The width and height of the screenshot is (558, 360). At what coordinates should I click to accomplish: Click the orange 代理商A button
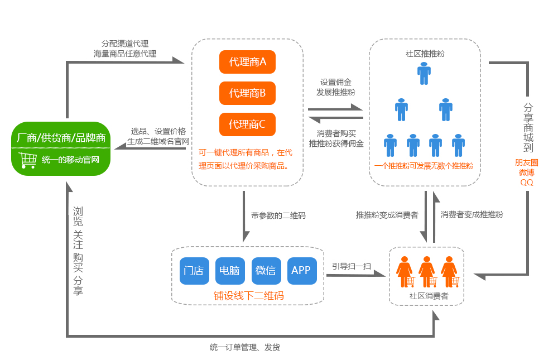pos(248,62)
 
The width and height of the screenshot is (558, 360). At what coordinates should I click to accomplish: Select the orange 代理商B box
pos(248,93)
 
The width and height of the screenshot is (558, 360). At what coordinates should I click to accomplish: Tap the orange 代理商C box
pos(248,124)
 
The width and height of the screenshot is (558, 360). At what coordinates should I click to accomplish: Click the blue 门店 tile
pos(194,271)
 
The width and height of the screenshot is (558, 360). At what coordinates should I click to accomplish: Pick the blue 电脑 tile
pos(229,271)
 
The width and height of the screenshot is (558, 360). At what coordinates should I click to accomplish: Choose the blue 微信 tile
pos(266,271)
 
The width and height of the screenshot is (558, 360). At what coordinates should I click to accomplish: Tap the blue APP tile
pos(301,271)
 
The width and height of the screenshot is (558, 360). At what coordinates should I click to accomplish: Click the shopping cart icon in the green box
pos(28,160)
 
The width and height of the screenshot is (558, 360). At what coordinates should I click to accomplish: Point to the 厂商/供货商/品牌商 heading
pos(61,137)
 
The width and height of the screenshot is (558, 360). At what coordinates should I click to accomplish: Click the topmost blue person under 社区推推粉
pos(424,73)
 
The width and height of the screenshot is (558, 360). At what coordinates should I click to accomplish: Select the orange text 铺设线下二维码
pos(248,296)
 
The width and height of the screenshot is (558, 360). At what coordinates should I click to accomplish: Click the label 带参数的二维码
pos(278,215)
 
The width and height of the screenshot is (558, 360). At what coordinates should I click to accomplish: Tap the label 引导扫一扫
pos(352,266)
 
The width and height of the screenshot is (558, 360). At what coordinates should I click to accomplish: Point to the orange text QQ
pos(527,182)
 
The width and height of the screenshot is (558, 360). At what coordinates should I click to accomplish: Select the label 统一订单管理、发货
pos(245,347)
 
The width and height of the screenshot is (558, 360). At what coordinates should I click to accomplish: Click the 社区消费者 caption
pos(429,296)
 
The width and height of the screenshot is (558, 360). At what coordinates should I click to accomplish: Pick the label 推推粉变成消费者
pos(387,214)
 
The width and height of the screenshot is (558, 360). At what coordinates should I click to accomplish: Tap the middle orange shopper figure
pos(427,271)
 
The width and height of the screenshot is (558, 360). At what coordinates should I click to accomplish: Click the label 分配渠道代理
pos(125,44)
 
